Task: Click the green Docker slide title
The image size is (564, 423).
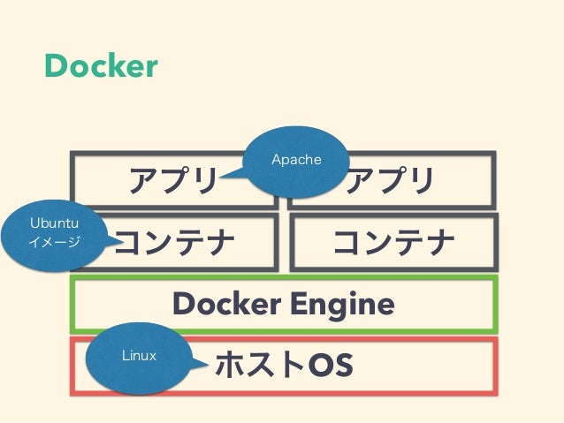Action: (x=102, y=65)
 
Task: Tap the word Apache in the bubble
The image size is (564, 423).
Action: (x=296, y=160)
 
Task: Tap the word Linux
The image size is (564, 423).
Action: (x=139, y=356)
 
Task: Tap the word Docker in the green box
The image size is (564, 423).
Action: (x=225, y=304)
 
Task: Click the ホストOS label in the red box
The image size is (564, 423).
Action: (x=282, y=363)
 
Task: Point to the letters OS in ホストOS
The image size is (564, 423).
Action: (x=329, y=363)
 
